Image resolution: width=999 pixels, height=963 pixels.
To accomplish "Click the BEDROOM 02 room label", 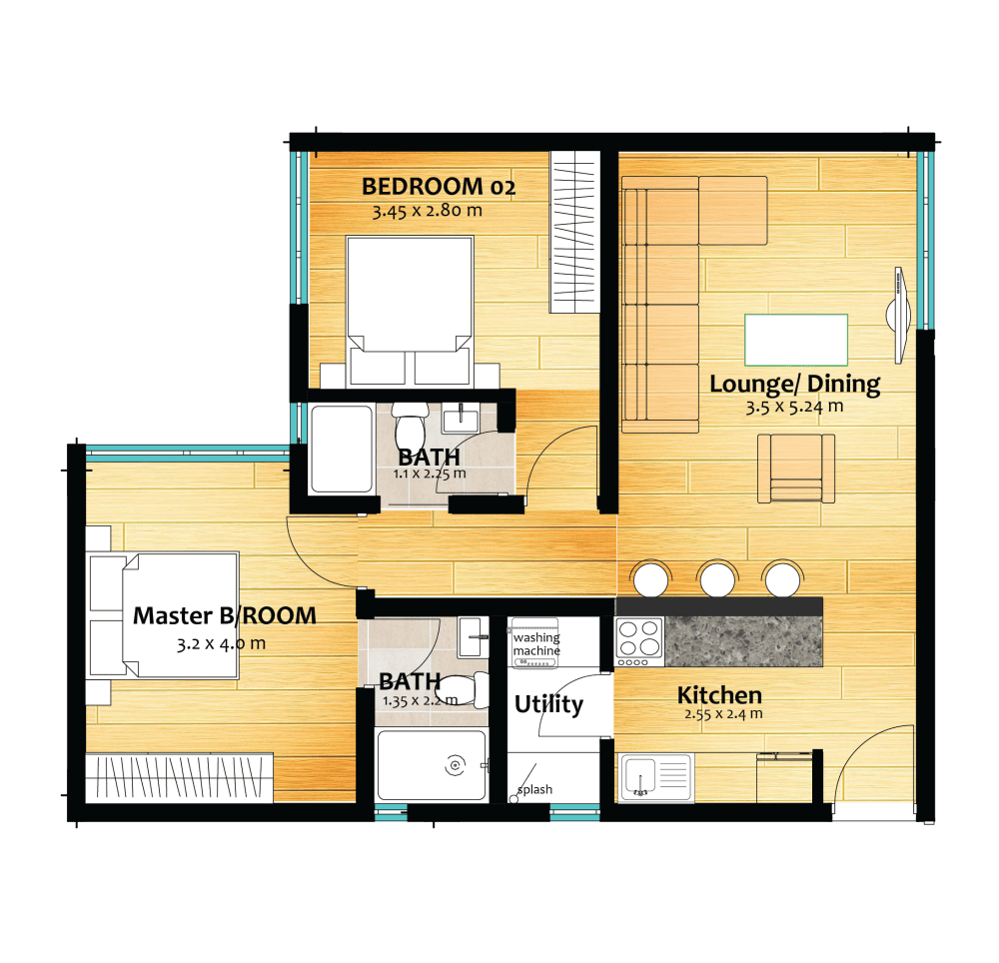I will pos(439,186).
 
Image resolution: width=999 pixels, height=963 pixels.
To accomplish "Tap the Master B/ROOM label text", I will pos(224,615).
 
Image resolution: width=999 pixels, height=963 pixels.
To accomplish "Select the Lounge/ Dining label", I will pos(794,383).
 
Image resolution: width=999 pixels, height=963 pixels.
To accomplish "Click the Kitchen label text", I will pos(719,695).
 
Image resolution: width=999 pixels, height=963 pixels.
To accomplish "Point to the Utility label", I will pos(548,704).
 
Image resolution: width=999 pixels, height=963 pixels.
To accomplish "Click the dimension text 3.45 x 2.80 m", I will pos(427,211).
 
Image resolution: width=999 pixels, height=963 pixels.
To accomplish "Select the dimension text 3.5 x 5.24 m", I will pos(794,407).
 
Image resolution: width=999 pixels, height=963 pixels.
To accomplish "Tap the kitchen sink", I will pos(655,776).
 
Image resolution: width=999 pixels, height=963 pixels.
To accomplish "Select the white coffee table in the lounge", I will pos(795,340).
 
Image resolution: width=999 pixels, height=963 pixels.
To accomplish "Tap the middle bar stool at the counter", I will pos(717,578).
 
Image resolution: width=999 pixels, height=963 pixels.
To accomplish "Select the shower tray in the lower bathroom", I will pos(432,765).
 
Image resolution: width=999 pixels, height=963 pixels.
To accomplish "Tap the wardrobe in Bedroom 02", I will pos(574,231).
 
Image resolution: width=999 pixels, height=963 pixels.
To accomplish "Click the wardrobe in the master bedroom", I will pos(179,776).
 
